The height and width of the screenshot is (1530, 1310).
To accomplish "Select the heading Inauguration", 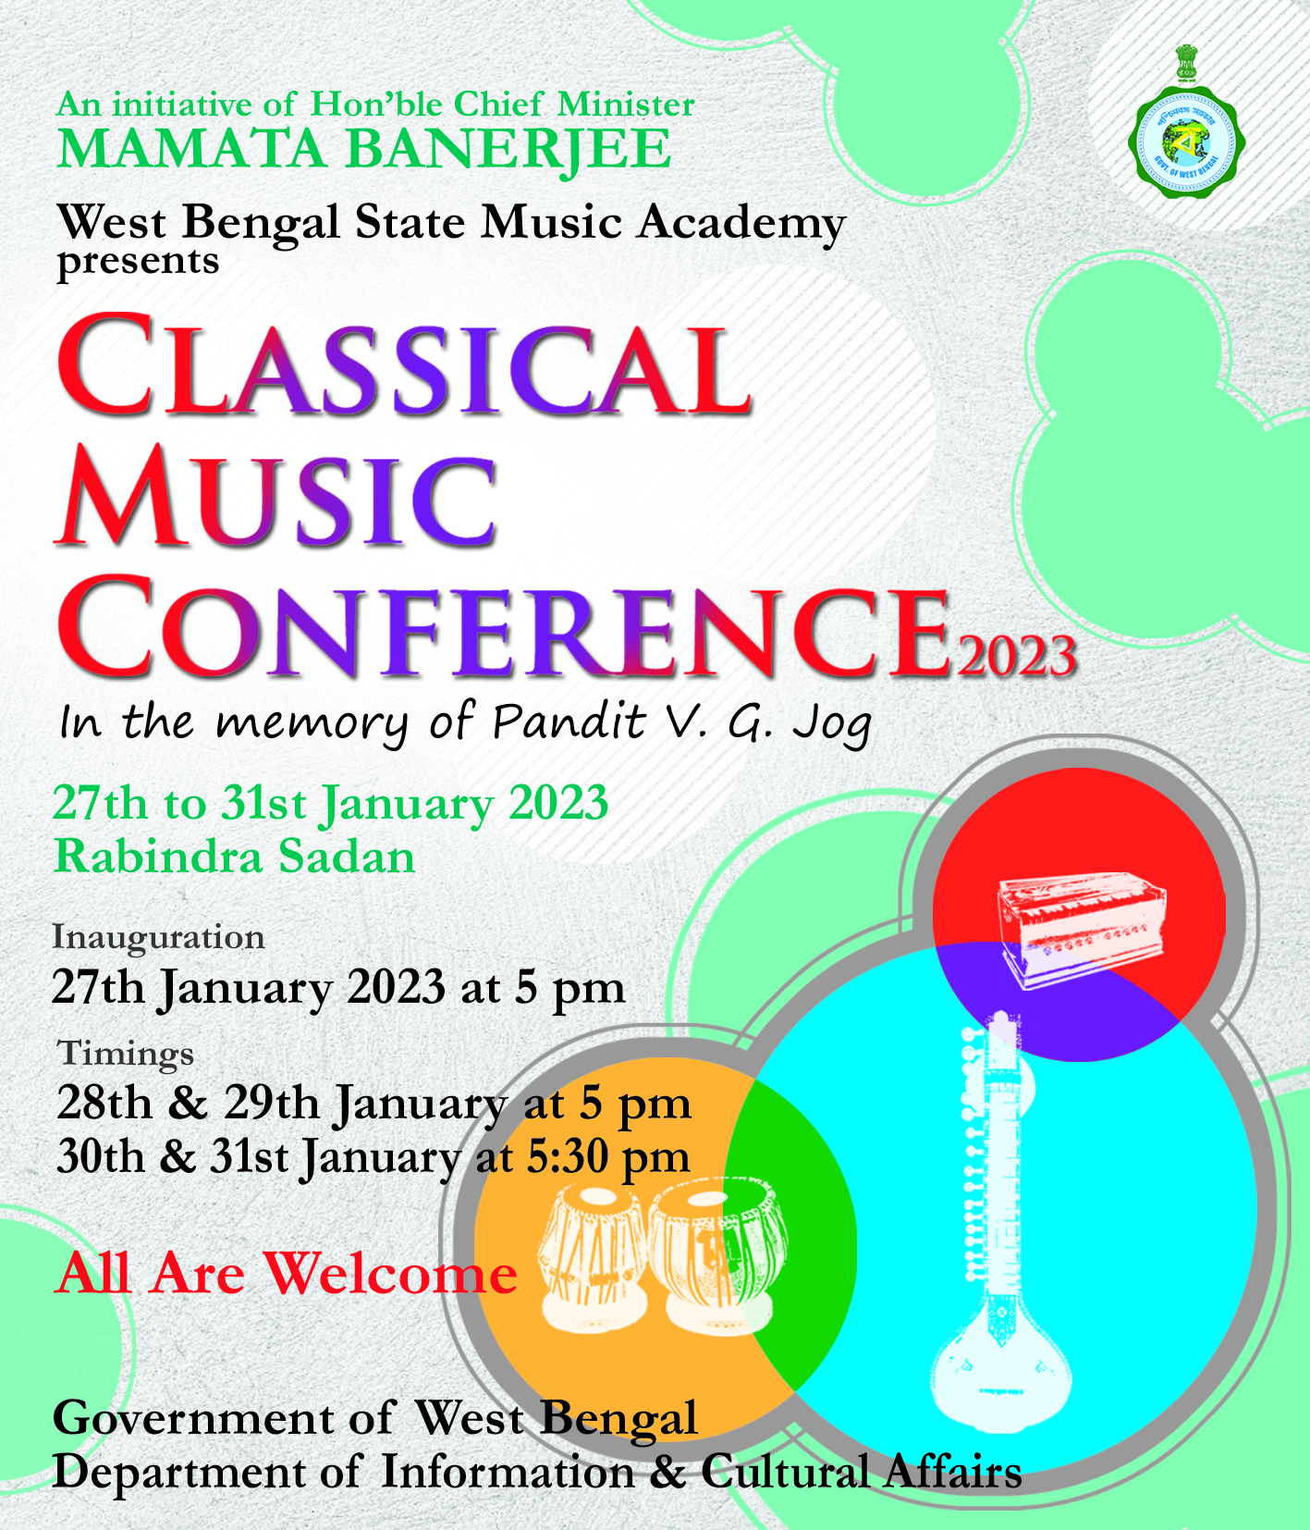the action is [158, 937].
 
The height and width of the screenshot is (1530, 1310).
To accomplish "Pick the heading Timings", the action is [126, 1054].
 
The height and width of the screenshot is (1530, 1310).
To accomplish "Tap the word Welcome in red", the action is [391, 1274].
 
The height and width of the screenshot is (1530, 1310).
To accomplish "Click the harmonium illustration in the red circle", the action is [1081, 930].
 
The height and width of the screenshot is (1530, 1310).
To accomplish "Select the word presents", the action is [139, 263].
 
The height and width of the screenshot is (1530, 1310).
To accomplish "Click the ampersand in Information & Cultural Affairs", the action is [667, 1473].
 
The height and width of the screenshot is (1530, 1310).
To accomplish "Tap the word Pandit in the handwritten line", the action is [568, 722].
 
